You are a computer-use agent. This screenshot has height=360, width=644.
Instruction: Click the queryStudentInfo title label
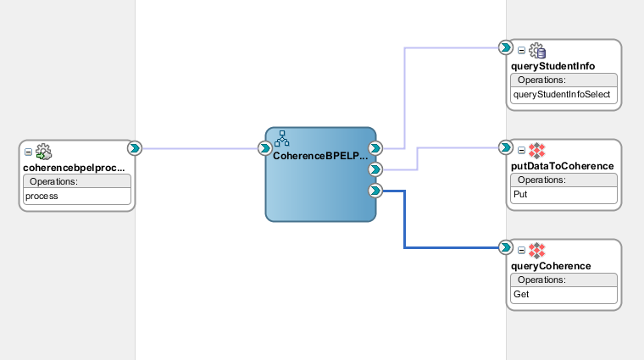554,65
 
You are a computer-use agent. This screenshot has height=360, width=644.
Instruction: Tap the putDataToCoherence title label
563,166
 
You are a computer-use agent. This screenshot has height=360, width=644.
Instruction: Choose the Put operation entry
521,194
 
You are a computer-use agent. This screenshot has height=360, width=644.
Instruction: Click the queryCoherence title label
552,266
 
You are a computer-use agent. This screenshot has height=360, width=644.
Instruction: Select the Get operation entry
521,294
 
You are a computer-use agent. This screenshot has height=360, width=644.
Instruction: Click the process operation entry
42,196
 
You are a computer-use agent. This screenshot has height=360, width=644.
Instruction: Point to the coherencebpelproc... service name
75,167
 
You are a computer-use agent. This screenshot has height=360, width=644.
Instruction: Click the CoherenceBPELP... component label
320,157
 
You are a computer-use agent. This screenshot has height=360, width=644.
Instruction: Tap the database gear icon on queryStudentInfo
537,51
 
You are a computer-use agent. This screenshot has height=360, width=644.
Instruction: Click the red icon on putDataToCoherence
536,151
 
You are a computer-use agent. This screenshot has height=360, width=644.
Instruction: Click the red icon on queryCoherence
536,251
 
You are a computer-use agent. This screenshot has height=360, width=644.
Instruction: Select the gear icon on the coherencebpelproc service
43,152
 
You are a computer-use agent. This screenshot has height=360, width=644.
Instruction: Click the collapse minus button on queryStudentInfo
521,51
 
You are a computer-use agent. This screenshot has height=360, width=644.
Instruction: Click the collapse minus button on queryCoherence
521,251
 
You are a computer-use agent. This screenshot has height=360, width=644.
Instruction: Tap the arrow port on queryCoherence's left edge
506,247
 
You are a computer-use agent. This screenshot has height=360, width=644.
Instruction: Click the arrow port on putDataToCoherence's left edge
506,147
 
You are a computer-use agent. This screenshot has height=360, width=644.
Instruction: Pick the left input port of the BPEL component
264,148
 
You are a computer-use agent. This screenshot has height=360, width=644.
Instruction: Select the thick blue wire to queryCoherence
403,220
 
